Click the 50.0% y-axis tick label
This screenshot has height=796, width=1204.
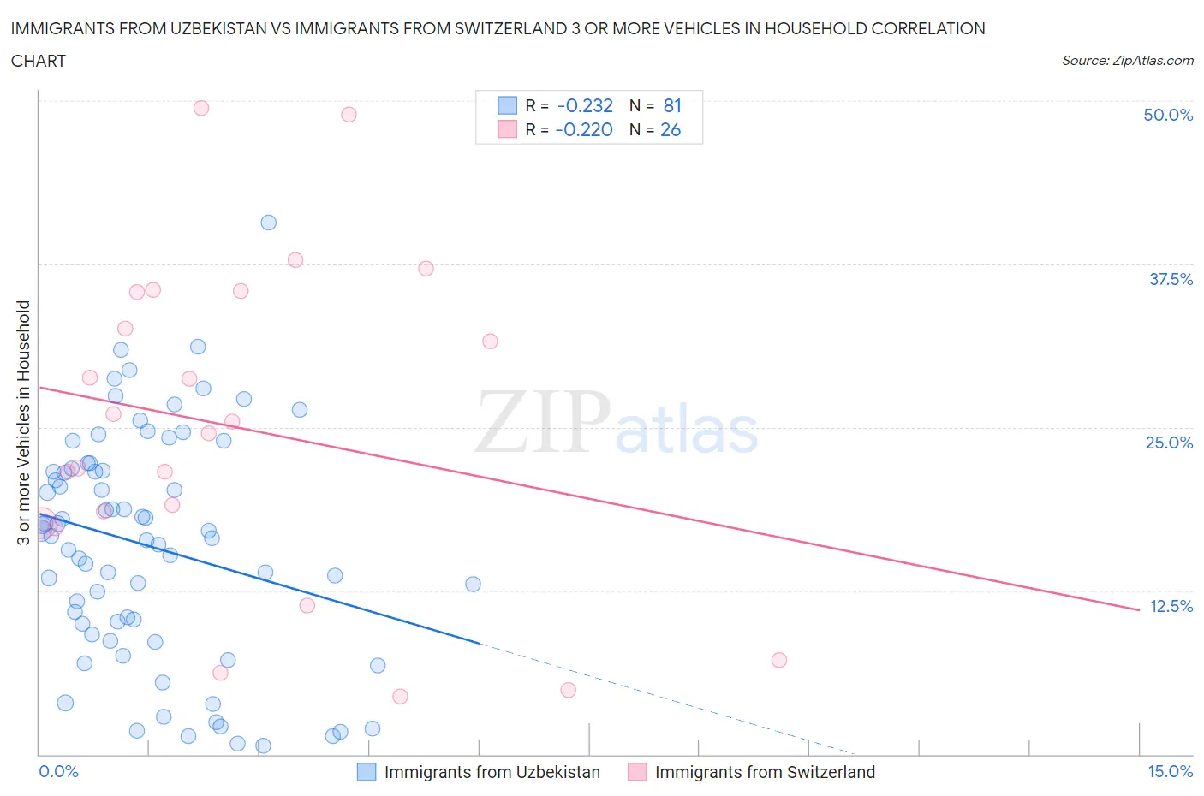tap(1168, 115)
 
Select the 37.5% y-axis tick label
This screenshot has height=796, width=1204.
tap(1171, 279)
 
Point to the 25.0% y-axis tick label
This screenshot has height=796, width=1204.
tap(1169, 443)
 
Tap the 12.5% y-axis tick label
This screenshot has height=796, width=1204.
tap(1171, 606)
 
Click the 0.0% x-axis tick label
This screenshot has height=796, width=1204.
tap(58, 771)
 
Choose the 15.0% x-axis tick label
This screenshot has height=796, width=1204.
tap(1170, 771)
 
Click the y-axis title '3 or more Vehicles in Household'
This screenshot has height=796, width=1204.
tap(23, 422)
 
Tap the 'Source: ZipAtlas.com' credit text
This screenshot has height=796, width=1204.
tap(1127, 61)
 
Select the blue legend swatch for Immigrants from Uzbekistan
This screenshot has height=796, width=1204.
tap(367, 772)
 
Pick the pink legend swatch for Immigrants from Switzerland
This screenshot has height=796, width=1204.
tap(637, 772)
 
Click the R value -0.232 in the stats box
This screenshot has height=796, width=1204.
tap(585, 105)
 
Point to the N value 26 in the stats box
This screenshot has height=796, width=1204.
tap(671, 129)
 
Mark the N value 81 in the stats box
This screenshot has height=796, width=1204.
tap(672, 105)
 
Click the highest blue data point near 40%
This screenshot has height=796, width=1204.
tap(268, 223)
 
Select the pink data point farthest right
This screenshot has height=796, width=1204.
tap(778, 660)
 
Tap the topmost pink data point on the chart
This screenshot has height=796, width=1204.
tap(201, 108)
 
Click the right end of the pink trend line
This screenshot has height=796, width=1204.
tap(1139, 609)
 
